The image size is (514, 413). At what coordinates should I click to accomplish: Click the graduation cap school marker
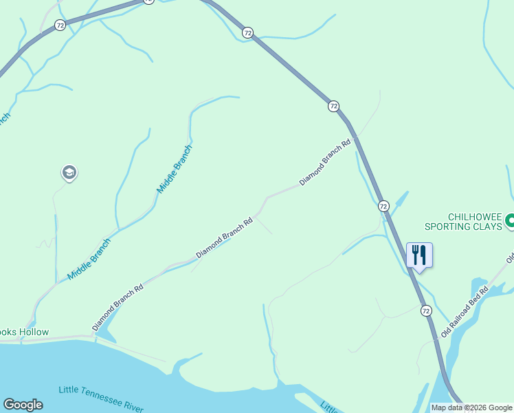(x=69, y=172)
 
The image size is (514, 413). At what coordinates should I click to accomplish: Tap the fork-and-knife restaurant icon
(x=419, y=255)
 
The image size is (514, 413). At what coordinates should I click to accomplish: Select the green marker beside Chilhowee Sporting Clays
(x=510, y=221)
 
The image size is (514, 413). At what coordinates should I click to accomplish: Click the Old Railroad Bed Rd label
(x=465, y=311)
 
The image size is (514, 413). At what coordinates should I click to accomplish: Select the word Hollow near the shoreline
(x=34, y=332)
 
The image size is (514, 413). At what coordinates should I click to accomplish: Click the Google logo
(x=23, y=405)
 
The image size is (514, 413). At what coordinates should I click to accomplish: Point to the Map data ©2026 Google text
(x=471, y=407)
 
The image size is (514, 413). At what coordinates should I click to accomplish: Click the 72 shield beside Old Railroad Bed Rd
(x=427, y=311)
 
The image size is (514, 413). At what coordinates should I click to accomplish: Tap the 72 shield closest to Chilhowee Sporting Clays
(x=383, y=206)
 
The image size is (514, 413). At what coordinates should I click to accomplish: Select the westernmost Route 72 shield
(x=60, y=25)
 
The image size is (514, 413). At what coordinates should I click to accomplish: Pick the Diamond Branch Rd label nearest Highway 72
(x=325, y=162)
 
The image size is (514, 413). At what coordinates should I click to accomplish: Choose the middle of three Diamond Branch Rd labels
(x=225, y=238)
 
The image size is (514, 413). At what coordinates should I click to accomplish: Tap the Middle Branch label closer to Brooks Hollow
(x=89, y=259)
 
